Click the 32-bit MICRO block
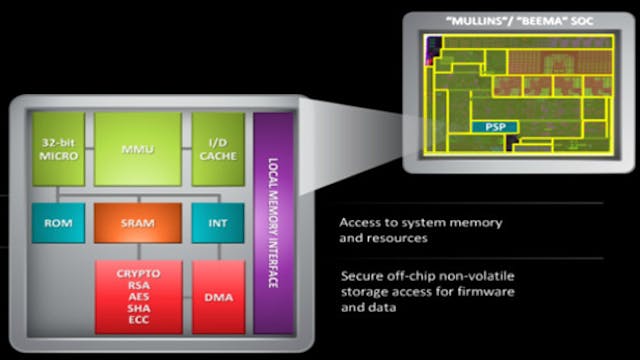(x=57, y=149)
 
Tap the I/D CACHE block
(x=218, y=149)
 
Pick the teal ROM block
(x=57, y=221)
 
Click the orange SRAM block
(x=138, y=221)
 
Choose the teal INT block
(x=217, y=221)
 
